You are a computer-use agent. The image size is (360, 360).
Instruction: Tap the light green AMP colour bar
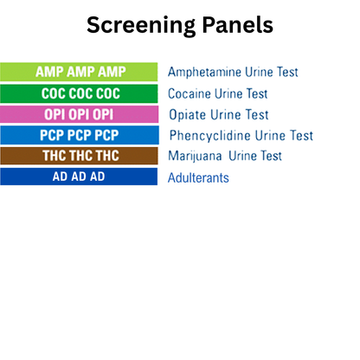point(79,72)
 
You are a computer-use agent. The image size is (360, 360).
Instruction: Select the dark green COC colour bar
point(79,93)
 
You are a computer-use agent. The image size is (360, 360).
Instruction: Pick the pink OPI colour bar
point(79,114)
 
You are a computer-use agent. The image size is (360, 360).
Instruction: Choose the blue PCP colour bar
point(79,135)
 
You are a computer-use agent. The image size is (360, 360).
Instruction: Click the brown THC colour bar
point(79,156)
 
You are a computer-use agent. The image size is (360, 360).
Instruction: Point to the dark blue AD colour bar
point(79,177)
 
